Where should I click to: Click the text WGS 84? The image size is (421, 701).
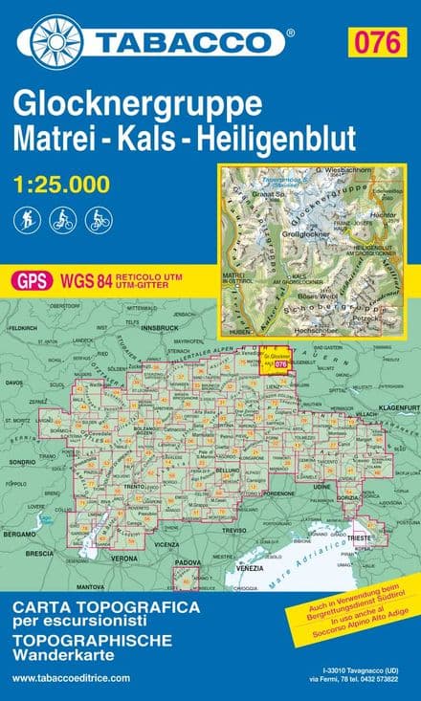coord(82,279)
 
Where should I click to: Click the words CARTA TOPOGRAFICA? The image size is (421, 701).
coord(106,607)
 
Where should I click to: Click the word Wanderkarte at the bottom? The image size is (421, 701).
coord(63,655)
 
